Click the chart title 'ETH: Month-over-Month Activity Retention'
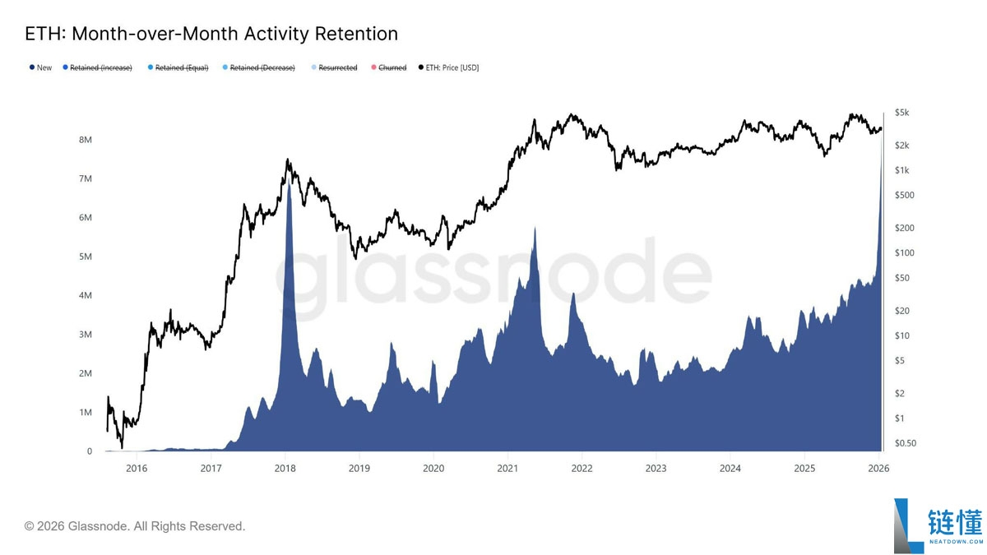click(x=211, y=34)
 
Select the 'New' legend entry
click(x=40, y=67)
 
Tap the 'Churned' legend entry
click(x=388, y=67)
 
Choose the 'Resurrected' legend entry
click(x=334, y=67)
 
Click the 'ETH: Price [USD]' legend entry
click(x=448, y=67)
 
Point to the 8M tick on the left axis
click(x=86, y=140)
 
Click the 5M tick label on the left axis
click(x=86, y=257)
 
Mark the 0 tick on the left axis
click(x=90, y=451)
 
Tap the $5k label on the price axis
click(x=902, y=113)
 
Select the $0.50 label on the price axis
click(x=906, y=443)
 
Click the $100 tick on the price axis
click(x=905, y=253)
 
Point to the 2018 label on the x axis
click(x=285, y=468)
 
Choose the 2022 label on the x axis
click(x=582, y=468)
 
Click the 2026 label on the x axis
click(x=878, y=468)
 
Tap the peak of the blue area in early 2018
click(x=289, y=179)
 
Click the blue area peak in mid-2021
click(x=535, y=227)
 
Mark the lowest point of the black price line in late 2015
click(x=122, y=447)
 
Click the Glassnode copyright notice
click(x=134, y=526)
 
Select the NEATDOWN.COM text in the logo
click(x=956, y=541)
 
